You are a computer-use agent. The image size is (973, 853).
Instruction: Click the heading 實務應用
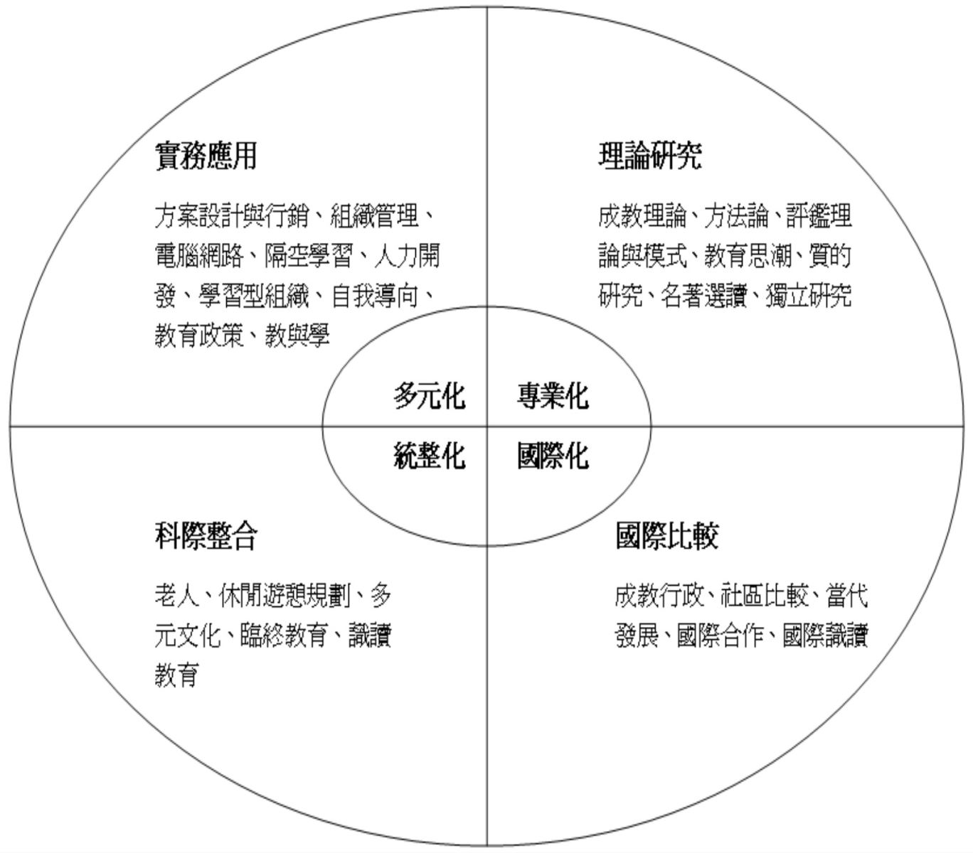206,156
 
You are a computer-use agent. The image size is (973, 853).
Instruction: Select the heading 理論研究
650,156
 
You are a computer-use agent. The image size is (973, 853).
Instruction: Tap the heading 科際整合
206,536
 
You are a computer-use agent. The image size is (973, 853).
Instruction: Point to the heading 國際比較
667,536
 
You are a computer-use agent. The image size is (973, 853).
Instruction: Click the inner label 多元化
430,396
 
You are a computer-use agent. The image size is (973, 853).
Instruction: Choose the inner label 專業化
553,396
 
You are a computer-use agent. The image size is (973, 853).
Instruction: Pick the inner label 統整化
430,456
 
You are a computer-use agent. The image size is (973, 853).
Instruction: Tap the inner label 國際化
553,456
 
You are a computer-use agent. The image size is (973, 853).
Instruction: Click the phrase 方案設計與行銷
231,215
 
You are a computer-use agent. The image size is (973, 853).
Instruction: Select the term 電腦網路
199,255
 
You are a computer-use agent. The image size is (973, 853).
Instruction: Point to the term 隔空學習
308,255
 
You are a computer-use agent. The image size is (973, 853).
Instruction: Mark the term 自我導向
375,296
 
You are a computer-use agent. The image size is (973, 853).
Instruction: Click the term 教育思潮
748,255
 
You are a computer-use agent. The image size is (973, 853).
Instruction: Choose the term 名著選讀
704,296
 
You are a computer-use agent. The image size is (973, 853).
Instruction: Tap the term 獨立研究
809,296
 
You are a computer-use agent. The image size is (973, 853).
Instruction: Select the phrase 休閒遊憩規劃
285,596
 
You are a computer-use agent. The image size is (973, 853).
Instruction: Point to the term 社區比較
765,596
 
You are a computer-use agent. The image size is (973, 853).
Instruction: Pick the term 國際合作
721,635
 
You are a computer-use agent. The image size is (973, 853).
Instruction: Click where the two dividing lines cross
487,426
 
